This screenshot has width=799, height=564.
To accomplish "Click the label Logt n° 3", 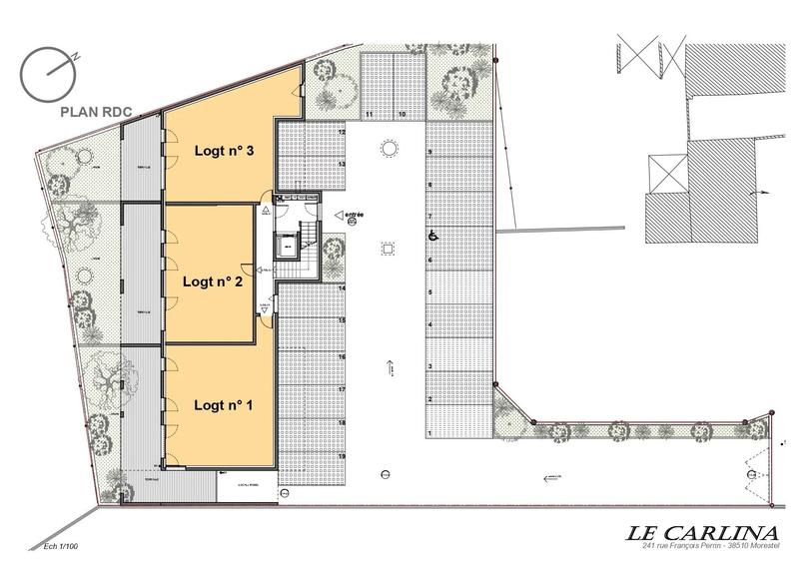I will pos(224,152).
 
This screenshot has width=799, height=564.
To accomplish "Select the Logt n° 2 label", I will pos(214,282).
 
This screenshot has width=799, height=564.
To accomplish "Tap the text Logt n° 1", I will pos(224,405).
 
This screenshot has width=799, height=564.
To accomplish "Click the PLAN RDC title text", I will pos(96,112).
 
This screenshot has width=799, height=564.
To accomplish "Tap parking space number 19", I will pos(342,456).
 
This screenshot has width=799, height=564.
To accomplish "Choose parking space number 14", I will pos(342,288).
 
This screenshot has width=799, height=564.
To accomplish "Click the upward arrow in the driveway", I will pos(389,367).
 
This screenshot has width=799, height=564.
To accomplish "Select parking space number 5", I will pos(429,292).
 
